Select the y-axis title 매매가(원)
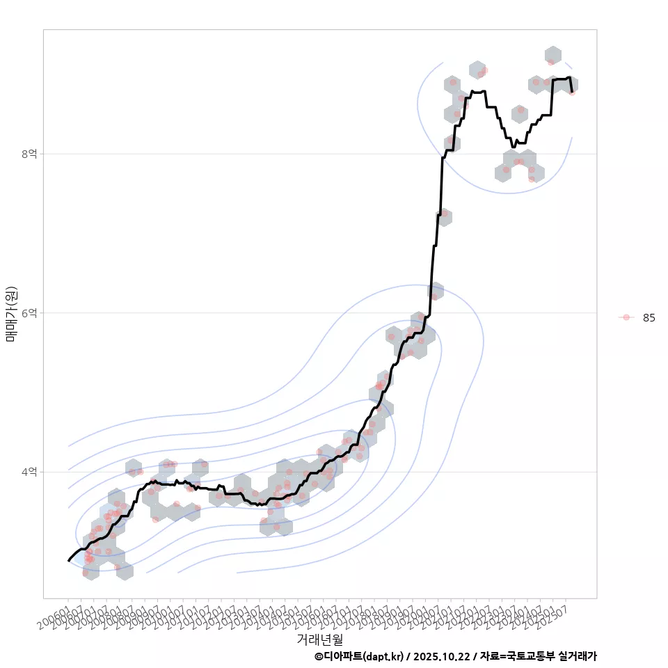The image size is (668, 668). click(11, 314)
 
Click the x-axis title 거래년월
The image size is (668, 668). click(319, 639)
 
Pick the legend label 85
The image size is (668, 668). click(649, 317)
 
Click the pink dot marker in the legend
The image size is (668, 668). click(626, 317)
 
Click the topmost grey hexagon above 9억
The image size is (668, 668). click(553, 54)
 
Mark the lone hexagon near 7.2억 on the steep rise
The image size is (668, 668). click(444, 216)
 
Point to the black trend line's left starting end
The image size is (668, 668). click(68, 560)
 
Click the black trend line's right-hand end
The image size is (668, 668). click(572, 91)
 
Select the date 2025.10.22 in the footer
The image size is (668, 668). click(445, 656)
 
